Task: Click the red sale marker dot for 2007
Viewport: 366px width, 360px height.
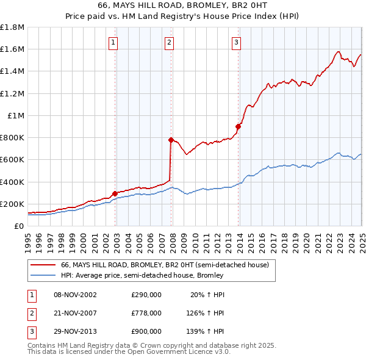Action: tap(171, 140)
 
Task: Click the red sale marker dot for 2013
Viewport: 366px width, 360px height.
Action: tap(238, 126)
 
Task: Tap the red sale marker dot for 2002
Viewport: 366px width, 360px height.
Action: tap(115, 193)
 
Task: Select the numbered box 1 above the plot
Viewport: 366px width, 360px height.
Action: tap(114, 42)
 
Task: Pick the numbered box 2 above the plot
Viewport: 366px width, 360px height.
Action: tap(169, 42)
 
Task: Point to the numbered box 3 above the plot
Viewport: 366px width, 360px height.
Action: tap(236, 42)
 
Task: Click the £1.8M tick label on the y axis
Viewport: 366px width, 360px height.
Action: tap(12, 27)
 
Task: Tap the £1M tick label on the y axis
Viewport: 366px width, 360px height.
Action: tap(16, 115)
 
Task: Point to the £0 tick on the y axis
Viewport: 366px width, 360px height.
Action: tap(20, 226)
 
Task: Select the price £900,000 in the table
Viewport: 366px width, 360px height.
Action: tap(146, 331)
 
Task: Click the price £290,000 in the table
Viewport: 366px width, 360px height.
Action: tap(146, 295)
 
